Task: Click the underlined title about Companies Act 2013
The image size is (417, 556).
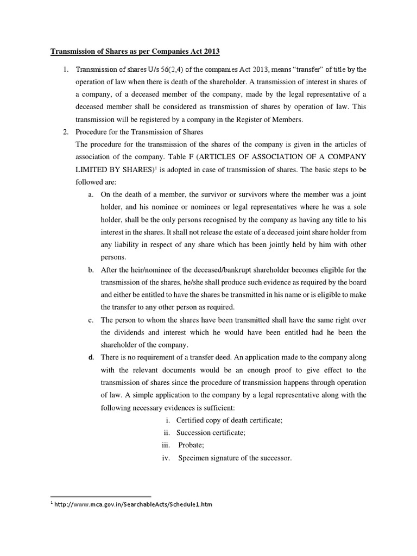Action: pos(135,52)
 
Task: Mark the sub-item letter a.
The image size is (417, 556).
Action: pos(90,195)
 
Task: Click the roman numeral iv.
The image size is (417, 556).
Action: pos(167,458)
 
